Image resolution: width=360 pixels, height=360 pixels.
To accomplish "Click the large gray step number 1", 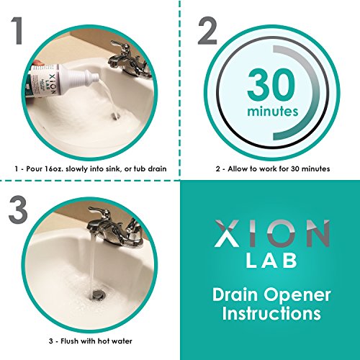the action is [17, 30].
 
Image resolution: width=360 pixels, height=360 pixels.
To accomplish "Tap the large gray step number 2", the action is [207, 30].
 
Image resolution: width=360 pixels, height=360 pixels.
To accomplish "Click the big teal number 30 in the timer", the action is [271, 84].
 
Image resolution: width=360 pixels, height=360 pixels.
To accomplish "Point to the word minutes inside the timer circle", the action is [273, 112].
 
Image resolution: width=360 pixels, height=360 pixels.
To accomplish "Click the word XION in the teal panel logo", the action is [272, 233].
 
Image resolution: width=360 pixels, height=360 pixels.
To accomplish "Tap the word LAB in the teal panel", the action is [271, 261].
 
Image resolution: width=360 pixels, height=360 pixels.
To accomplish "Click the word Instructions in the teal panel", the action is [271, 313].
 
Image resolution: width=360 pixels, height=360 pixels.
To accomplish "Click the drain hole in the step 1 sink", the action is [116, 117].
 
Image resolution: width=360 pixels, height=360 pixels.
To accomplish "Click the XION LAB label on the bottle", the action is [53, 84].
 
